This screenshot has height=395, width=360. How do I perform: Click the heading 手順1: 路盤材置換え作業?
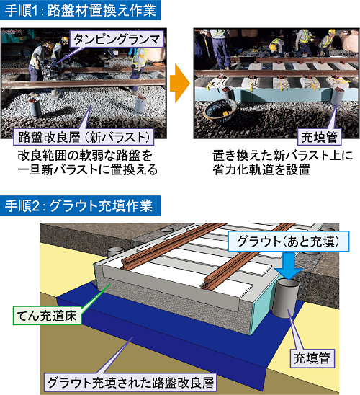(x=80, y=10)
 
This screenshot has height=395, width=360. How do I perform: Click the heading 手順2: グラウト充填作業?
(x=80, y=205)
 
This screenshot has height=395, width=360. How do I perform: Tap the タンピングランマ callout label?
(x=117, y=39)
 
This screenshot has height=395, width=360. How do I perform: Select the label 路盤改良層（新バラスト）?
(x=84, y=137)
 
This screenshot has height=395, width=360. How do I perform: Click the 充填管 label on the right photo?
(x=319, y=137)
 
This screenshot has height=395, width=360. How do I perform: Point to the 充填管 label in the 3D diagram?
(x=312, y=358)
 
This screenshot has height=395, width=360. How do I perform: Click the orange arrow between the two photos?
(x=179, y=83)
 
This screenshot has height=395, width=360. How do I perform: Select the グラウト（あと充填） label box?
(x=288, y=241)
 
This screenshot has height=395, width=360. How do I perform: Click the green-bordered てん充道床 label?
(x=47, y=316)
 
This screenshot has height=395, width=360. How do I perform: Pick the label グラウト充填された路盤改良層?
(x=131, y=382)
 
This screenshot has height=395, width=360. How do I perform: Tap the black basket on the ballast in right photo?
(x=220, y=110)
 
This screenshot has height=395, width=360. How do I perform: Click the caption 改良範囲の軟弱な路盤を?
(x=85, y=156)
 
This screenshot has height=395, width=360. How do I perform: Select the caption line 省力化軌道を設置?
(x=261, y=169)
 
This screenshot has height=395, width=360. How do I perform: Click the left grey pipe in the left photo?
(x=35, y=107)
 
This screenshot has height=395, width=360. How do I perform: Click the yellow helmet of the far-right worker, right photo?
(x=332, y=32)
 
